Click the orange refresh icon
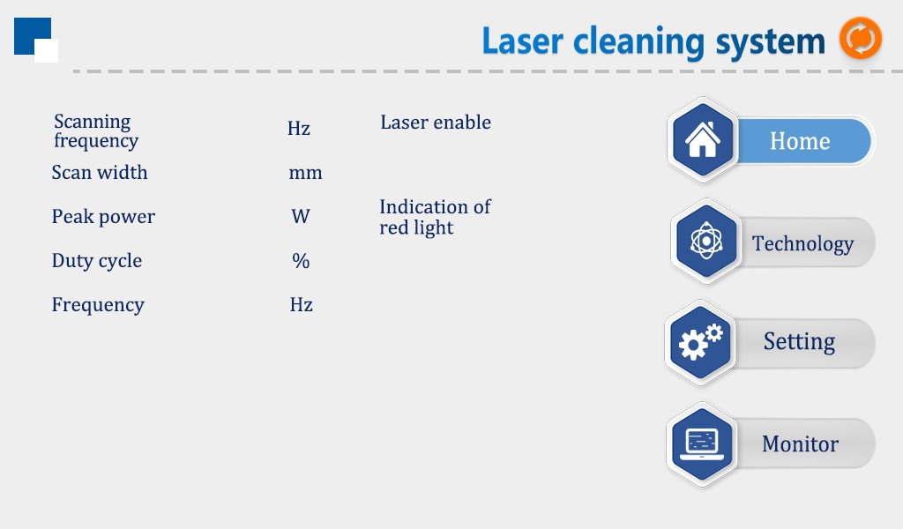click(860, 40)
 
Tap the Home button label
click(800, 141)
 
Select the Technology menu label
click(802, 243)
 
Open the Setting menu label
click(799, 341)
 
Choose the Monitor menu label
click(800, 443)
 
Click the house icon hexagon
click(703, 140)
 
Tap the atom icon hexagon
click(705, 242)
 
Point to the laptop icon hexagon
click(702, 444)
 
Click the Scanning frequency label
click(95, 130)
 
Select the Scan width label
click(100, 173)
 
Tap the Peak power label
click(103, 217)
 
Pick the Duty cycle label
click(96, 261)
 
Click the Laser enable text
click(436, 123)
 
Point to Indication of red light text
click(435, 217)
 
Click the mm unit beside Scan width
click(305, 173)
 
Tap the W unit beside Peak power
click(301, 217)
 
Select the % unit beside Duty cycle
click(301, 261)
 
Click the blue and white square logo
click(36, 40)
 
